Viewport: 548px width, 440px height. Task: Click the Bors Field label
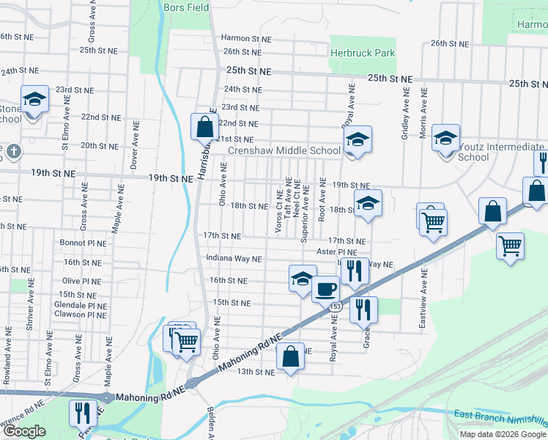[187, 7]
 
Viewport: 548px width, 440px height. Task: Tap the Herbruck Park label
[362, 53]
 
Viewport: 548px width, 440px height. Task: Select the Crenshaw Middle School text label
[284, 151]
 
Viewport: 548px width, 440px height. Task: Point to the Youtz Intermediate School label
[500, 152]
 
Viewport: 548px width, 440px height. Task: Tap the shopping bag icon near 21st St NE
[204, 127]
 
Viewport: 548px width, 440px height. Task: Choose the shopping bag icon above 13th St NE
[291, 356]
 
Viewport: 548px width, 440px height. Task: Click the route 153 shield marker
[335, 305]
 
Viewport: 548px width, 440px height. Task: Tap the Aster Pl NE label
[336, 252]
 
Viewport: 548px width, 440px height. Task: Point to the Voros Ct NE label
[278, 211]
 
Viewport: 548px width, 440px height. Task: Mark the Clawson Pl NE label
[81, 315]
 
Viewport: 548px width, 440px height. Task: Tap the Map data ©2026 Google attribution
[503, 434]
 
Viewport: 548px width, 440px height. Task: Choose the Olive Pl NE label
[82, 281]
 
